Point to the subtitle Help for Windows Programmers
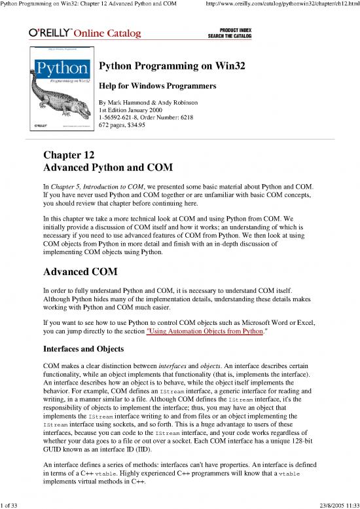tap(149, 86)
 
